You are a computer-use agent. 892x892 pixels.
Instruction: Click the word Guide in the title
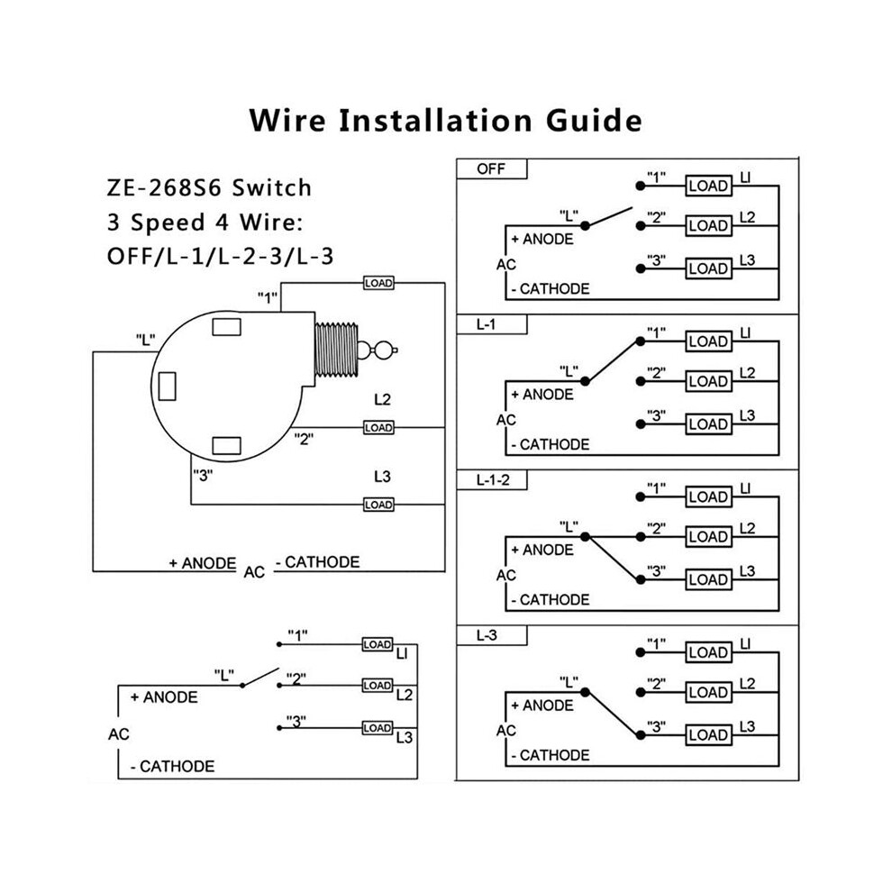[594, 120]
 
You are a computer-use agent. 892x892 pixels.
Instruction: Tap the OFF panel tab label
[491, 169]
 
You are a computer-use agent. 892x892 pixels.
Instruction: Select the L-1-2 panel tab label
[493, 480]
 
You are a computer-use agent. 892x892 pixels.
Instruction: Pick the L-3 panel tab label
[487, 635]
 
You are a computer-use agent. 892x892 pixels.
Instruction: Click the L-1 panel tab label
[486, 324]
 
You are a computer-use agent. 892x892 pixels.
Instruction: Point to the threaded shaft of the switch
[336, 350]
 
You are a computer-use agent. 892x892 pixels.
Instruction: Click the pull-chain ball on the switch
[385, 350]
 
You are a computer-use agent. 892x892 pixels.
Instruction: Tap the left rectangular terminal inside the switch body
[168, 387]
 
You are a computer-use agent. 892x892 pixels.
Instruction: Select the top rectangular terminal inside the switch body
[226, 326]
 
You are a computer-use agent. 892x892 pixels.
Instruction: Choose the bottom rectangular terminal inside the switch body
[226, 445]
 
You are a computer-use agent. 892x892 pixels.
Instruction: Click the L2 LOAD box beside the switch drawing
[378, 427]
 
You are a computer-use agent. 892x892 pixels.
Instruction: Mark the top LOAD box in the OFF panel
[708, 186]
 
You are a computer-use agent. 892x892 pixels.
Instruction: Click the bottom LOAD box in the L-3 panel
[708, 735]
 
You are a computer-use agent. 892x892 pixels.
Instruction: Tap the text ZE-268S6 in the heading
[164, 187]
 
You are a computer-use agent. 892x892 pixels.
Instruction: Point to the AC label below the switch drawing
[254, 572]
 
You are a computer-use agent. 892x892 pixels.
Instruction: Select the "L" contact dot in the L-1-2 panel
[585, 536]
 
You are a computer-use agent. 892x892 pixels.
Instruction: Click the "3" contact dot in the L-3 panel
[641, 735]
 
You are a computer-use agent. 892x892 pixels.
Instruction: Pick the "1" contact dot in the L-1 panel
[641, 341]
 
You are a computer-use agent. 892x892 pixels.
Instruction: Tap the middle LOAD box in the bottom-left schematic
[378, 686]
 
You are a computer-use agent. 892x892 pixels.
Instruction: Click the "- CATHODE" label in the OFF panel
[551, 289]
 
